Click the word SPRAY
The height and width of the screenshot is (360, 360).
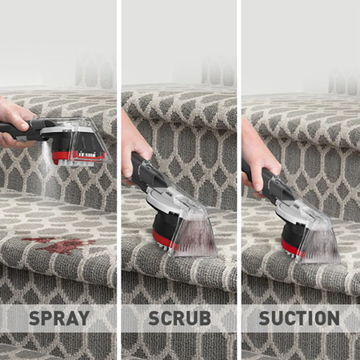59,318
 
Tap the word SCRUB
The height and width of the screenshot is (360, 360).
180,318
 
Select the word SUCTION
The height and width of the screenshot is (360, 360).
299,318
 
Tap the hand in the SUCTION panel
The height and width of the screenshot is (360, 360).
258,160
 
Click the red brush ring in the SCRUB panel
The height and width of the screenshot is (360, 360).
162,240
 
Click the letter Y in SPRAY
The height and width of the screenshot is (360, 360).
83,318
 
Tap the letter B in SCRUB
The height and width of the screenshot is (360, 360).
205,318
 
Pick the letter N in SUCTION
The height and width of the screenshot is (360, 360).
334,318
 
